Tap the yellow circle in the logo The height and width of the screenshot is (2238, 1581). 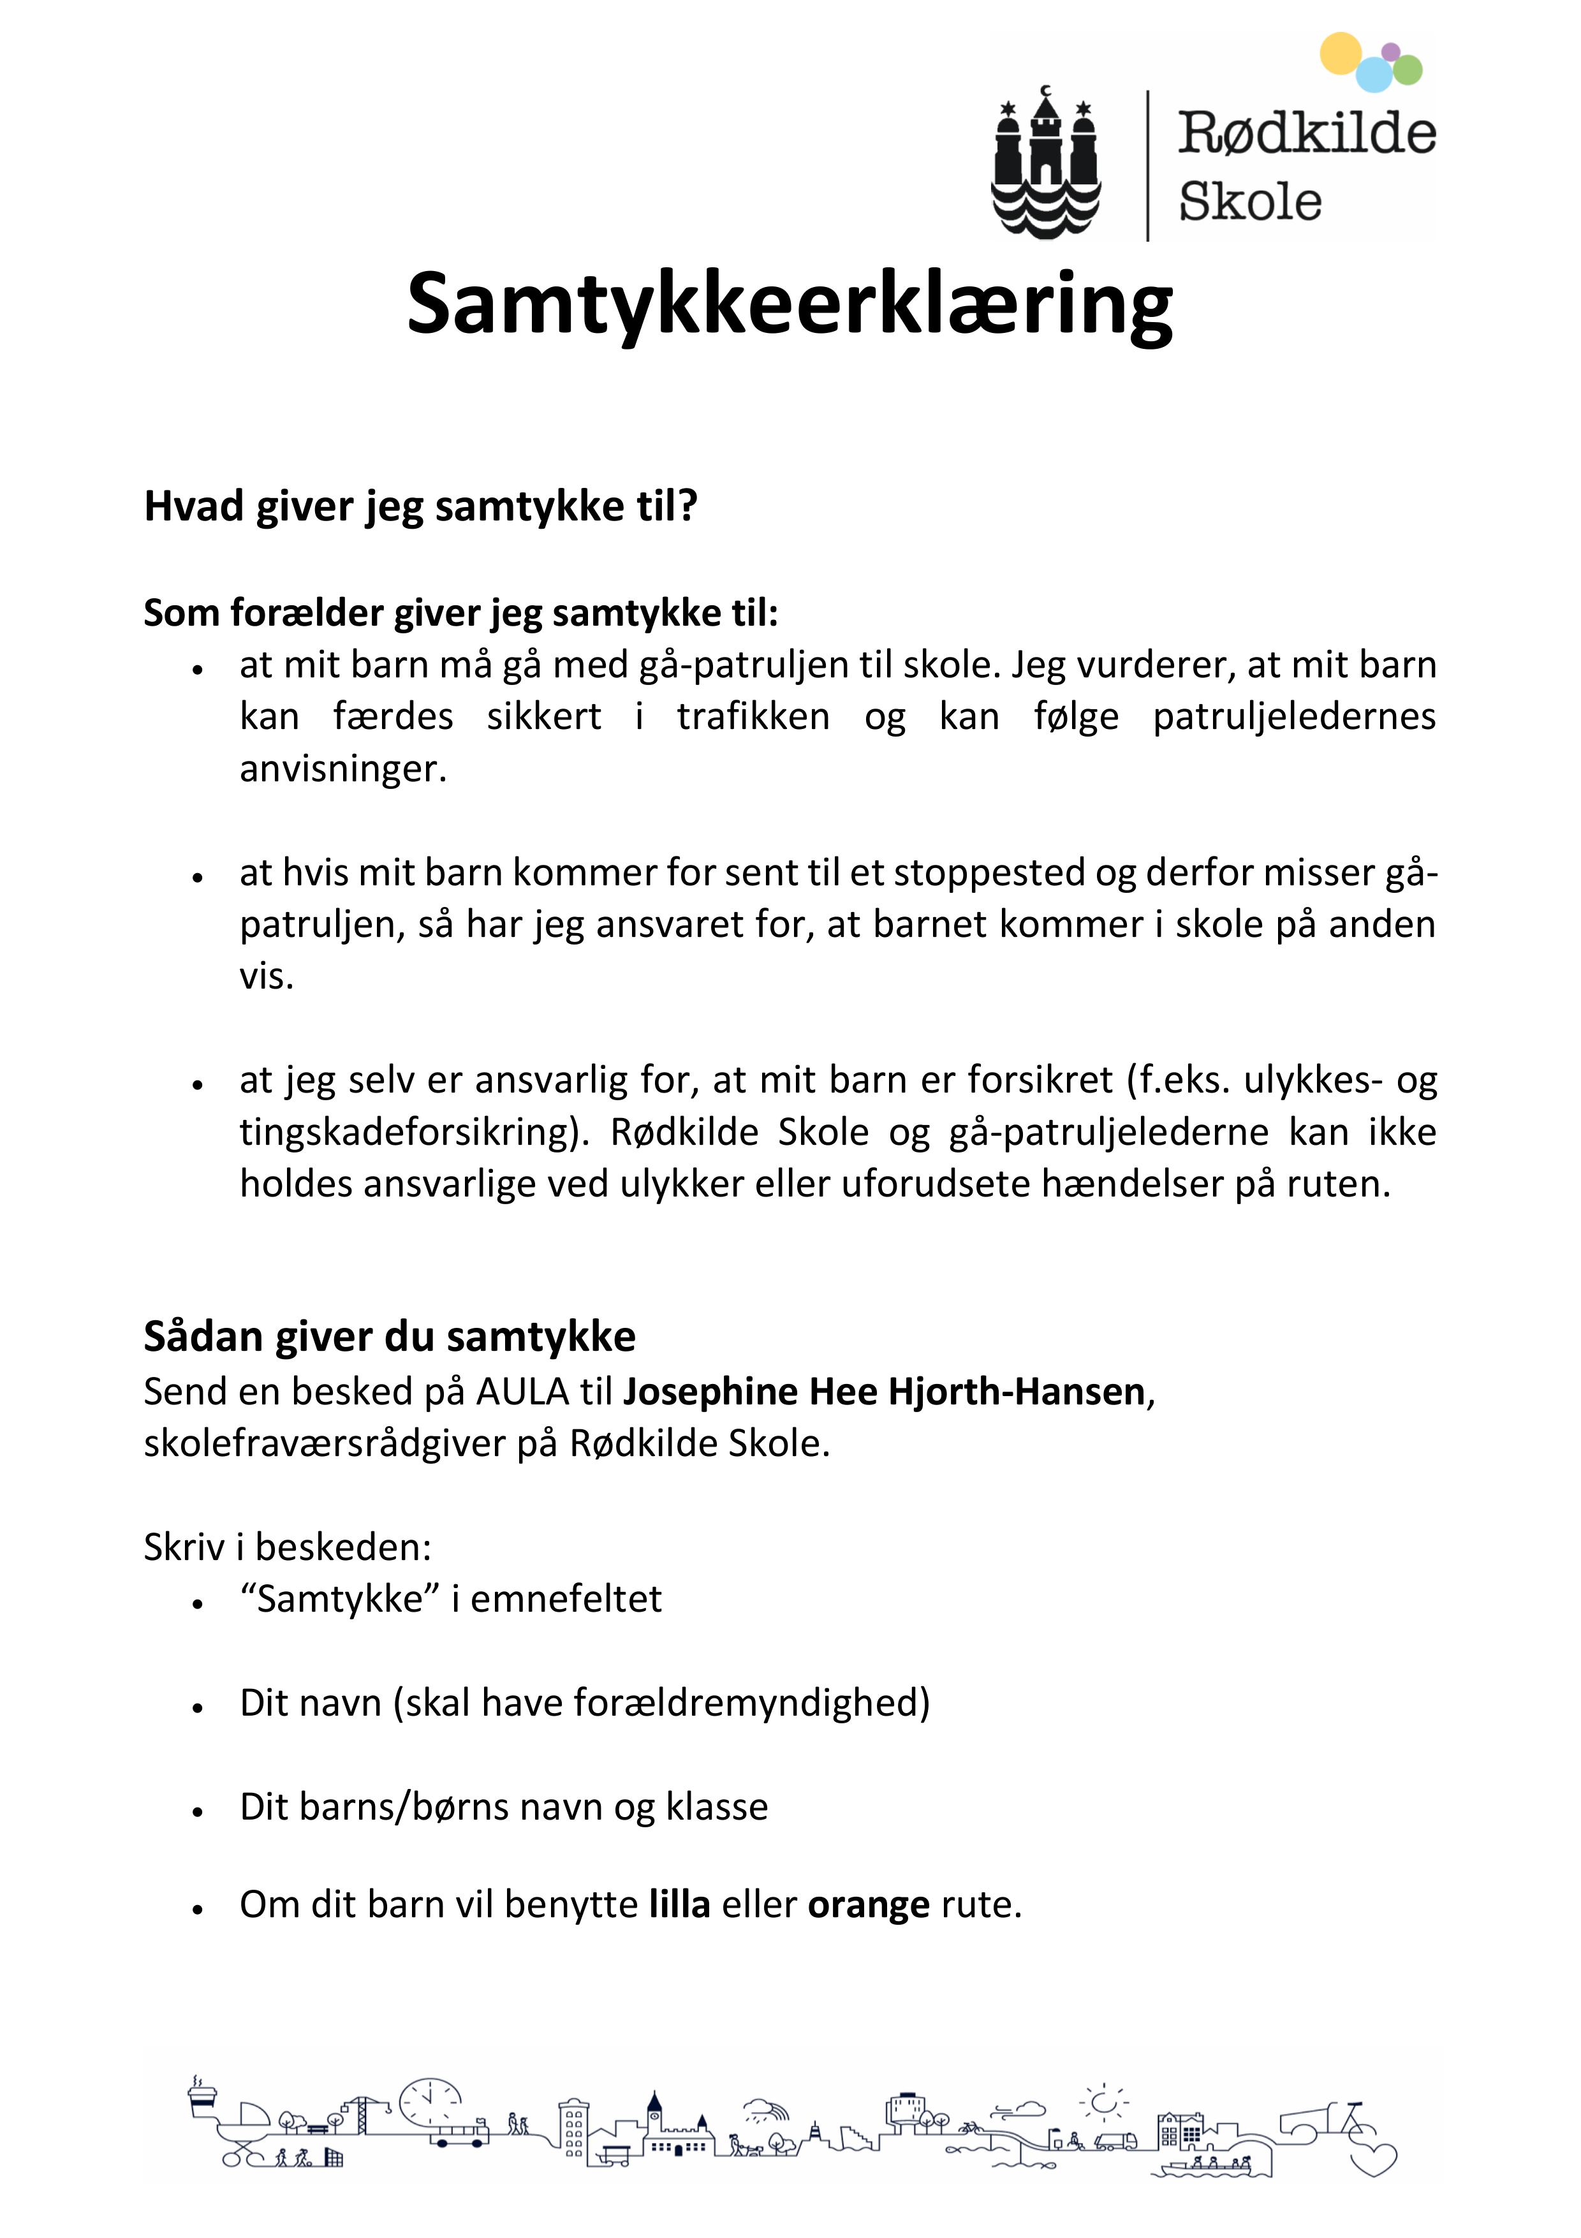(x=1340, y=53)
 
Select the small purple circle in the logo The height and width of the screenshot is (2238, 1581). (x=1391, y=50)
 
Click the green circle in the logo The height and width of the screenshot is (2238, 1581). (x=1408, y=70)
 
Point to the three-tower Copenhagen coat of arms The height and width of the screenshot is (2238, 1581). (x=1046, y=161)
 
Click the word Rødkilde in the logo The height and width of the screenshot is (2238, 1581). (x=1306, y=133)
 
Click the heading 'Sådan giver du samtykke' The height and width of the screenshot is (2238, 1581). (x=389, y=1336)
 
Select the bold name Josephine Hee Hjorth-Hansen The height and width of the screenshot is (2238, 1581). (x=883, y=1392)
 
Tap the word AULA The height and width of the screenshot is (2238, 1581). (x=522, y=1392)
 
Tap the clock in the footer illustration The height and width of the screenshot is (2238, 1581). (x=430, y=2102)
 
